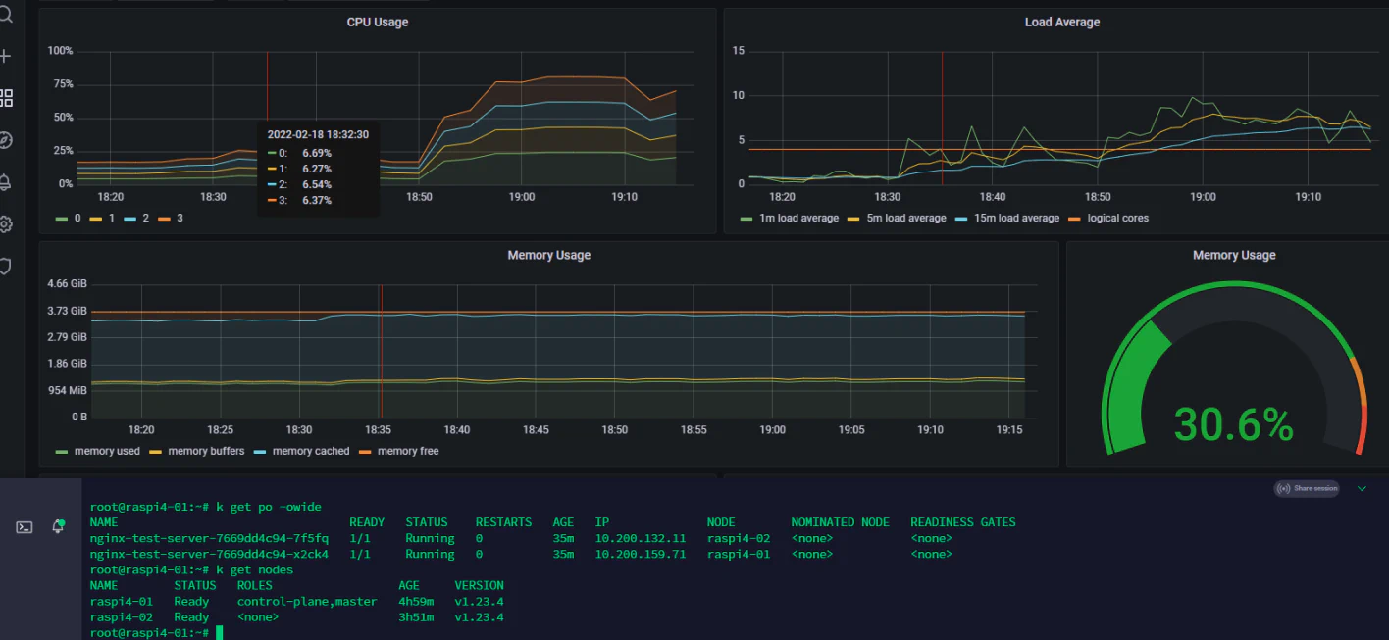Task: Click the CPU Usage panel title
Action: point(377,23)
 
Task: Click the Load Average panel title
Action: point(1062,23)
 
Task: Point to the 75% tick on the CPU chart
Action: point(63,84)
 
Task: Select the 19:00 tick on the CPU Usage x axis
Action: point(522,197)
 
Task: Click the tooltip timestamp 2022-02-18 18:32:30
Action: point(318,135)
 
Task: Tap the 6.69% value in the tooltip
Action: point(317,153)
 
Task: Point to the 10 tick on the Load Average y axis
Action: point(738,95)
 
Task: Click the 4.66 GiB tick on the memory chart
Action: point(67,284)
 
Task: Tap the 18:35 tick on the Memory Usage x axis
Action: point(379,430)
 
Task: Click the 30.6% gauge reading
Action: point(1233,425)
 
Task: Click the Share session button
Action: point(1307,489)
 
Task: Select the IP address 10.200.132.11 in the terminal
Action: point(641,538)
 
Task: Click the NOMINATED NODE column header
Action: point(841,522)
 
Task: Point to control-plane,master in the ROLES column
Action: point(307,602)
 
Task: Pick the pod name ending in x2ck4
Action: point(209,555)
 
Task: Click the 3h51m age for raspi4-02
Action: point(416,617)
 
